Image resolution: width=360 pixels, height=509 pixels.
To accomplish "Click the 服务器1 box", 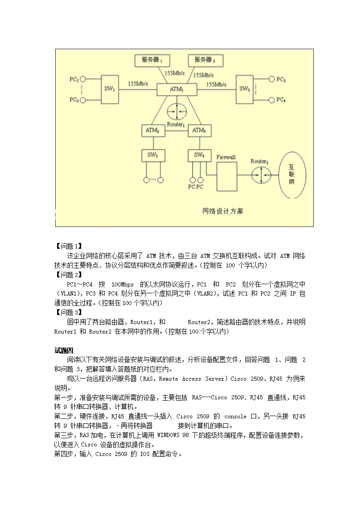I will [152, 60].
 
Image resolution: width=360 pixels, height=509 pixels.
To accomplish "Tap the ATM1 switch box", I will [177, 89].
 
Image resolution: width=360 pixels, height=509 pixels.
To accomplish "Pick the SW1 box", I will [110, 89].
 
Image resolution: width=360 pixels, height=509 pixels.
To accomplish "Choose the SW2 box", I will [245, 89].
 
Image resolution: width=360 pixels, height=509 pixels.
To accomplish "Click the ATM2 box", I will [153, 131].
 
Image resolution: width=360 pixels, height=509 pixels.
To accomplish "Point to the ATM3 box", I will [199, 131].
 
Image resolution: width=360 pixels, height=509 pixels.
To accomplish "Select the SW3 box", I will [153, 155].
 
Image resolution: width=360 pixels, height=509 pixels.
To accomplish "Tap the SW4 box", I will [199, 155].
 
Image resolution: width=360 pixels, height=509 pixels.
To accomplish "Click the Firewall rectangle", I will [226, 175].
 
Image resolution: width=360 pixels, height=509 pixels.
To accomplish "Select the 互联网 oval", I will [292, 175].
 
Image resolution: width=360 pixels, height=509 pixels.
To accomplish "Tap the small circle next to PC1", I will [83, 79].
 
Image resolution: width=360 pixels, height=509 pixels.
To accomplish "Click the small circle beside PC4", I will [272, 100].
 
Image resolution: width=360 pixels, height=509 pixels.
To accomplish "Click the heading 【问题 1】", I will [68, 247].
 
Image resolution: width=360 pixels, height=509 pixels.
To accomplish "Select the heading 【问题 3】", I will [68, 312].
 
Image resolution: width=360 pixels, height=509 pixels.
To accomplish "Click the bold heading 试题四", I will [63, 350].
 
